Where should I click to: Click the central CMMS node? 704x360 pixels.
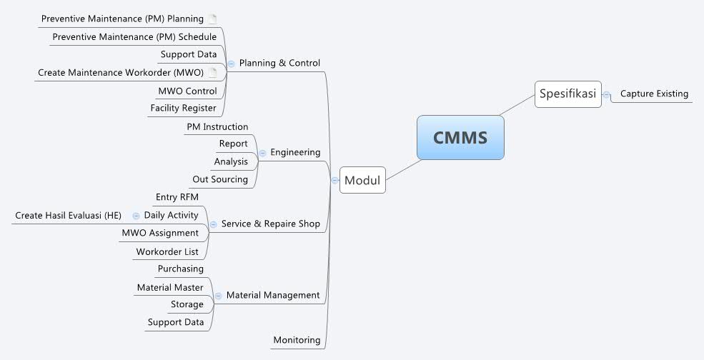click(460, 137)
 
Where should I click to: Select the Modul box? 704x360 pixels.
click(362, 180)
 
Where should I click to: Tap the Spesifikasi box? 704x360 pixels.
click(567, 94)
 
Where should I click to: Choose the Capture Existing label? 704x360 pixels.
click(654, 94)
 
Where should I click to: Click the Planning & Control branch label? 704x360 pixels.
click(279, 63)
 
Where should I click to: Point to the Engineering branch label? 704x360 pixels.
click(295, 152)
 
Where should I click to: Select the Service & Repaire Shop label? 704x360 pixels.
click(271, 224)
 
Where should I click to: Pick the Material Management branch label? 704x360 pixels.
click(273, 295)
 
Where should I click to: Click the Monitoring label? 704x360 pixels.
click(297, 340)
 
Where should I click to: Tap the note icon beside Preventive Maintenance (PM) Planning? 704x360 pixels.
click(212, 19)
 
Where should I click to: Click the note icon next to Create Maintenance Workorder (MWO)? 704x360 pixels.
click(212, 72)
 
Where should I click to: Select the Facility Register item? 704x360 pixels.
click(183, 108)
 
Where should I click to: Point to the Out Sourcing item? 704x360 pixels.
click(220, 179)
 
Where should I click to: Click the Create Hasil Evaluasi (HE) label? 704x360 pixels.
click(69, 215)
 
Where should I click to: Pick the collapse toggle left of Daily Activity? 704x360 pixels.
click(136, 215)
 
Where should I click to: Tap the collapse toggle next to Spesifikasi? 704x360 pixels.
click(607, 94)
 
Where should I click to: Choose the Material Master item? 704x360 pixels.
click(170, 287)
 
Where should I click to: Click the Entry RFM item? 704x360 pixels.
click(177, 197)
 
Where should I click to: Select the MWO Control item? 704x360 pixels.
click(187, 91)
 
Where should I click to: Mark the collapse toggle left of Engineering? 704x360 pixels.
click(262, 153)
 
